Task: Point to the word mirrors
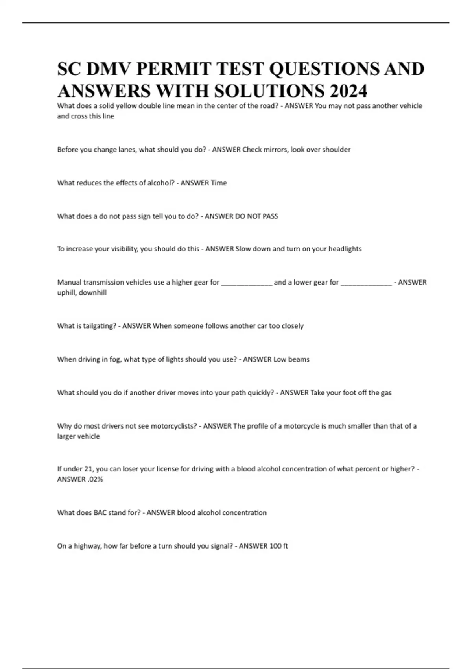(x=275, y=150)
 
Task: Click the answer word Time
(x=219, y=183)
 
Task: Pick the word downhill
(x=92, y=292)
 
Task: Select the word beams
(x=299, y=359)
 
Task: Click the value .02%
(x=94, y=479)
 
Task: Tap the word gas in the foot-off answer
(x=386, y=392)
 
